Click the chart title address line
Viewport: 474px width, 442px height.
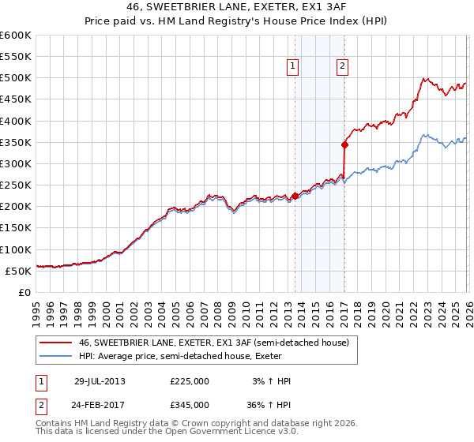pos(237,6)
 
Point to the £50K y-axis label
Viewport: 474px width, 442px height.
pos(17,271)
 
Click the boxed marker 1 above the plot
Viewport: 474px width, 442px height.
pos(293,67)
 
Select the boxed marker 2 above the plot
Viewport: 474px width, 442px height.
pos(342,67)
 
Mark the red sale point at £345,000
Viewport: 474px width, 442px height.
pos(344,144)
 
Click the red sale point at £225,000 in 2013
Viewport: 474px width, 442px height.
pos(295,196)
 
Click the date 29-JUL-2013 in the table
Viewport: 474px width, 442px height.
pos(100,381)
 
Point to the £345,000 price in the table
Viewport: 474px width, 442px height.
pos(190,404)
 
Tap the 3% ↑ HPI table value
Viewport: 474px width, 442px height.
pos(269,381)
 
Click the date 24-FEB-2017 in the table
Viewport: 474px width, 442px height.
pos(100,404)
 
